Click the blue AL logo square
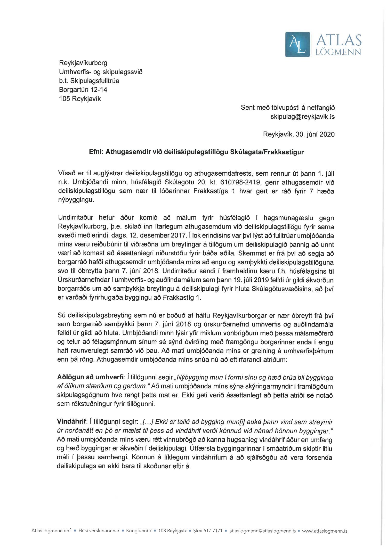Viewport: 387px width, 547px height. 297,44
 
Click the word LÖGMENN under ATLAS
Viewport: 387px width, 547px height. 338,52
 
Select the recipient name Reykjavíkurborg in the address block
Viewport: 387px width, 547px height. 83,63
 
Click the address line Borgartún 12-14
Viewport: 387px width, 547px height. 83,90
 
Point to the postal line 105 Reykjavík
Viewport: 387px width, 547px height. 80,99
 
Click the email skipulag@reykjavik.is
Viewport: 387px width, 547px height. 302,117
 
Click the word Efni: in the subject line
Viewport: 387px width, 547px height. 96,152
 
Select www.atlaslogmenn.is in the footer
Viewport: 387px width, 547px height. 325,530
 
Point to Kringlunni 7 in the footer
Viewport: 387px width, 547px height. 139,530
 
